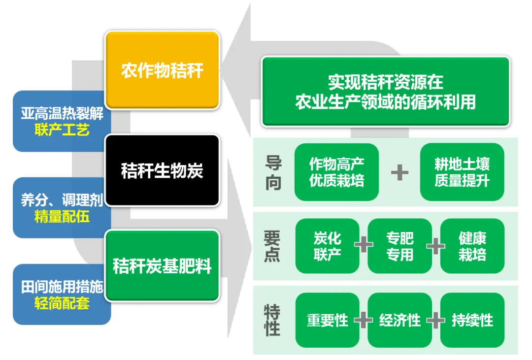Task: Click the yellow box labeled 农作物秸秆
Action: coord(162,70)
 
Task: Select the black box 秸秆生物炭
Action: coord(162,170)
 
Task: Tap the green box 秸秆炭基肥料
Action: coord(162,266)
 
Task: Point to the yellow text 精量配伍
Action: coord(62,216)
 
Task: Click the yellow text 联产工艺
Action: coord(62,130)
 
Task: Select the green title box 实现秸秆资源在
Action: coord(385,92)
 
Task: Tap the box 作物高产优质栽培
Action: coord(336,172)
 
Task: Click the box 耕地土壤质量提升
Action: coord(462,172)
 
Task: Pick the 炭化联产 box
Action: coord(327,246)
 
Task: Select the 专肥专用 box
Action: coord(399,246)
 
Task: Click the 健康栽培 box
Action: coord(472,246)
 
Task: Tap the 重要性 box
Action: coord(327,320)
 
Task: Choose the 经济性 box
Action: coord(399,320)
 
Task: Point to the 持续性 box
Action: coord(472,320)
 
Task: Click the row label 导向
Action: coord(273,173)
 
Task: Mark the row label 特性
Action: coord(272,320)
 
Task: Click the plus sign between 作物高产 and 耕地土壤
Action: coord(399,172)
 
